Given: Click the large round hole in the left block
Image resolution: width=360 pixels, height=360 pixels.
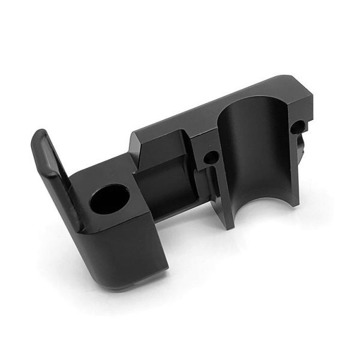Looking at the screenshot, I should (x=110, y=200).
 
